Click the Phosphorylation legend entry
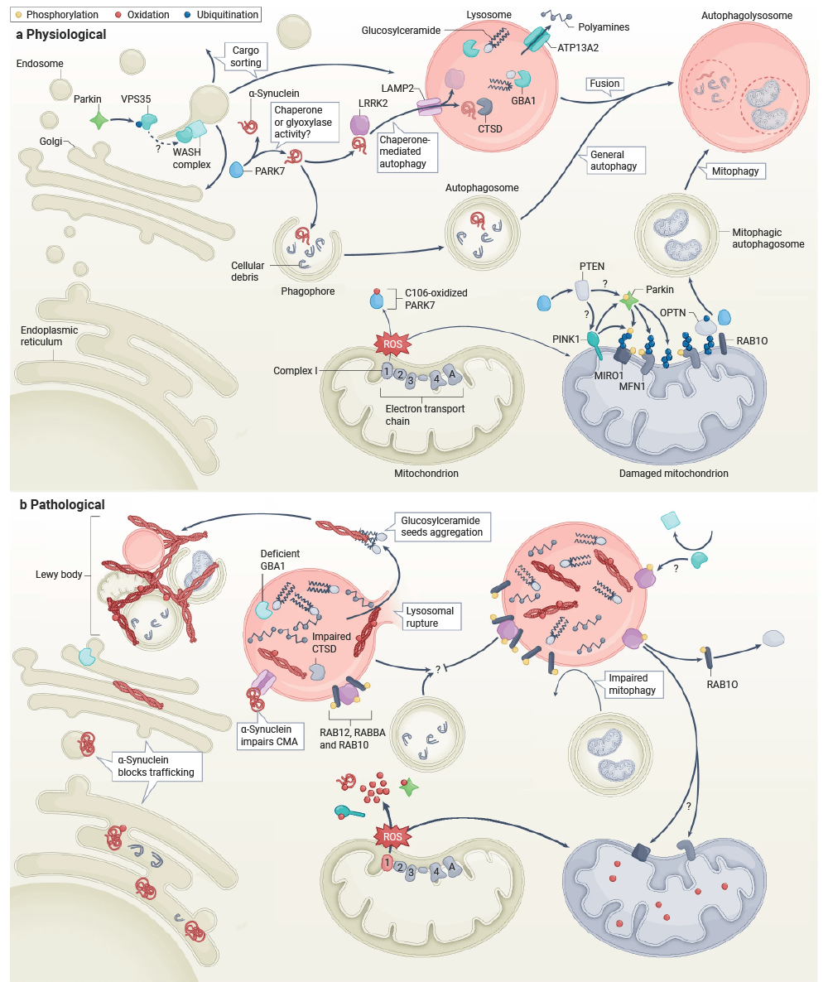pyautogui.click(x=57, y=14)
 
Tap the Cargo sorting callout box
pyautogui.click(x=246, y=56)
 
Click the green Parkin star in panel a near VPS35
pyautogui.click(x=99, y=119)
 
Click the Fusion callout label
pyautogui.click(x=604, y=84)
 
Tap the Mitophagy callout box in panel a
pyautogui.click(x=735, y=171)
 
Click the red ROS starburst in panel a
pyautogui.click(x=392, y=344)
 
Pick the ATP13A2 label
pyautogui.click(x=578, y=47)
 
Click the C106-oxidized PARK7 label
pyautogui.click(x=436, y=299)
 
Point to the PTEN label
pyautogui.click(x=592, y=266)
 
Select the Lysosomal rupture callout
pyautogui.click(x=430, y=617)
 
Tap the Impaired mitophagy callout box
pyautogui.click(x=633, y=684)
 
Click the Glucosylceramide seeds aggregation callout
pyautogui.click(x=442, y=527)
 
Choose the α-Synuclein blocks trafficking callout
pyautogui.click(x=156, y=766)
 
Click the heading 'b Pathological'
pyautogui.click(x=62, y=505)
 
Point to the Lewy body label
pyautogui.click(x=59, y=575)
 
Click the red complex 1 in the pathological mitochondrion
pyautogui.click(x=387, y=864)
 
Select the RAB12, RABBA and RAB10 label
pyautogui.click(x=353, y=739)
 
